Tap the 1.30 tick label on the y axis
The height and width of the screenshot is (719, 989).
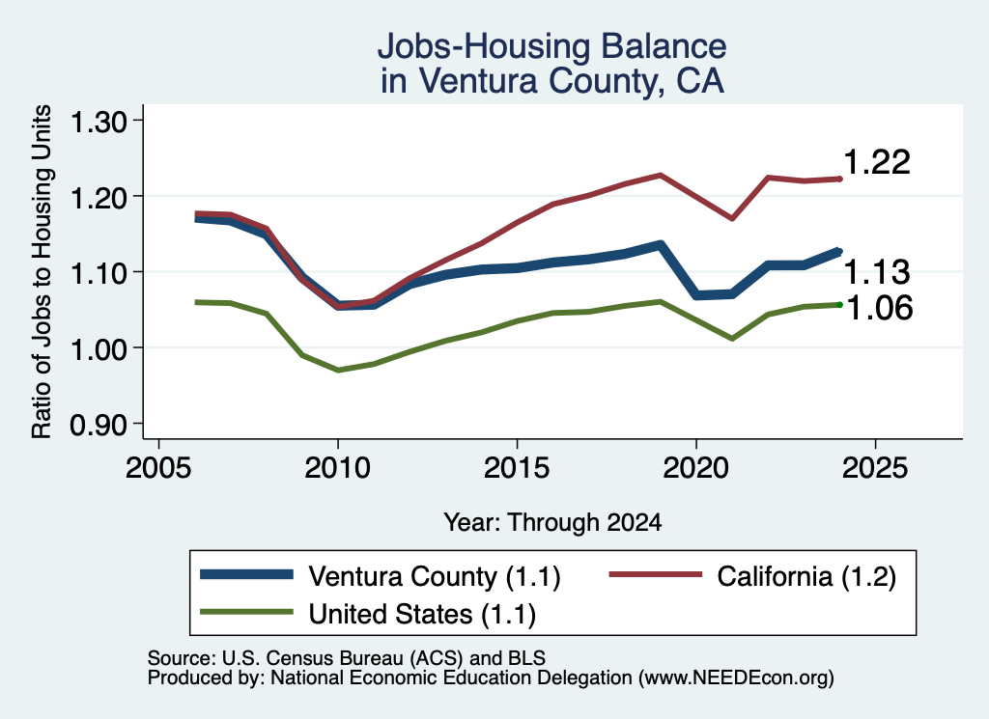coord(99,122)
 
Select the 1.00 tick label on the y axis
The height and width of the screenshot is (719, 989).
coord(99,349)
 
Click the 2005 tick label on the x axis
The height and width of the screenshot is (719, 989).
coord(159,468)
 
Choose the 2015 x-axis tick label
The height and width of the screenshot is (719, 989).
coord(517,468)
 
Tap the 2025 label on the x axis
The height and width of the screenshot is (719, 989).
coord(875,468)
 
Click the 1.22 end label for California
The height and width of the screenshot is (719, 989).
coord(877,162)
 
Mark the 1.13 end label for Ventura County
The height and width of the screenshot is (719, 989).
coord(877,273)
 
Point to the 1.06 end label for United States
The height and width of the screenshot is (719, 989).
coord(879,308)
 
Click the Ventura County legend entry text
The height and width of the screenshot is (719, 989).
coord(435,576)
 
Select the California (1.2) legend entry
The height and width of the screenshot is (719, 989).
coord(806,576)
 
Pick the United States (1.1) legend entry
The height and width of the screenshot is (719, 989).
coord(422,615)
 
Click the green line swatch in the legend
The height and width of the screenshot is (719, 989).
coord(246,612)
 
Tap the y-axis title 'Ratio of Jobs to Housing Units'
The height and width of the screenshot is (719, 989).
coord(42,271)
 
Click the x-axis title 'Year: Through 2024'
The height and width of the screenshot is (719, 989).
coord(552,522)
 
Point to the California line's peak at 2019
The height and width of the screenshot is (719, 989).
coord(661,175)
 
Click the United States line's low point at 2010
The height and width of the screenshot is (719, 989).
coord(338,371)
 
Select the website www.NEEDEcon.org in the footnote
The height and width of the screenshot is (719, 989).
coord(735,678)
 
